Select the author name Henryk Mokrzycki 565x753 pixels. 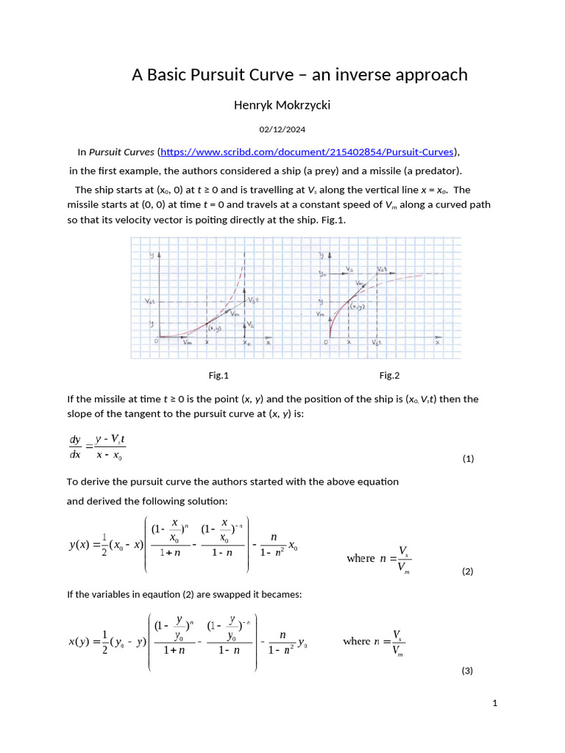click(x=282, y=105)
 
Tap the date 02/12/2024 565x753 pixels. click(x=282, y=129)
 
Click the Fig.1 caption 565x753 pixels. click(x=218, y=376)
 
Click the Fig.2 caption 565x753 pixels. click(x=389, y=376)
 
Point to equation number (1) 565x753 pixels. click(x=468, y=459)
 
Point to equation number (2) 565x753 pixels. click(x=468, y=571)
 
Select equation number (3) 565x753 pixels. click(x=467, y=671)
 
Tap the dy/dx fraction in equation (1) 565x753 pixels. click(x=75, y=447)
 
